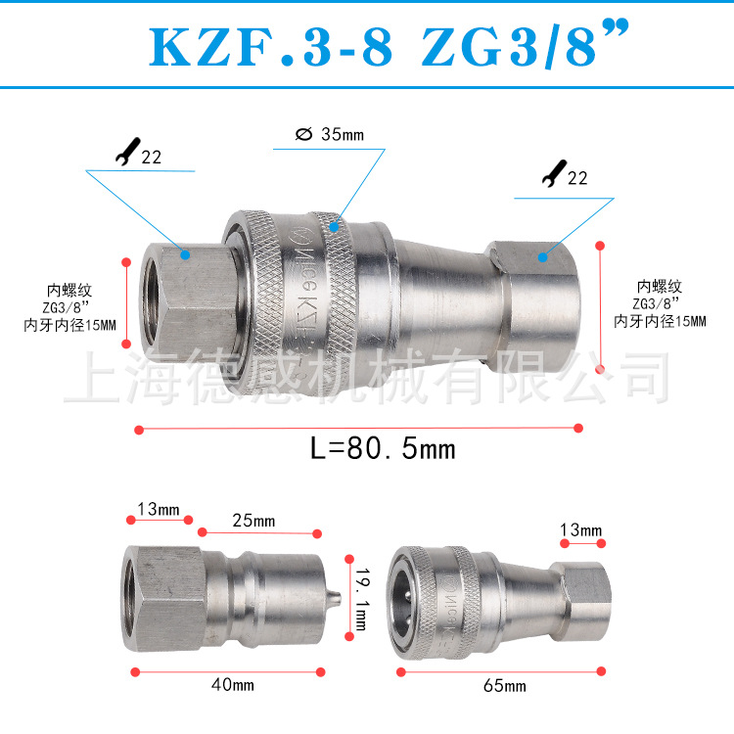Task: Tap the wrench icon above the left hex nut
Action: click(x=126, y=154)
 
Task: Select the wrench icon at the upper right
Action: click(x=552, y=176)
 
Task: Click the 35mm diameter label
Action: click(x=329, y=135)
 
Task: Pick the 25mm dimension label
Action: click(x=253, y=520)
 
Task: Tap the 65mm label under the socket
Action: click(x=505, y=686)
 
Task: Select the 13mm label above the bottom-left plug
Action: click(x=159, y=509)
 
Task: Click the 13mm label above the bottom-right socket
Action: click(x=581, y=529)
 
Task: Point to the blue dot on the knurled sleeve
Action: click(x=334, y=227)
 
